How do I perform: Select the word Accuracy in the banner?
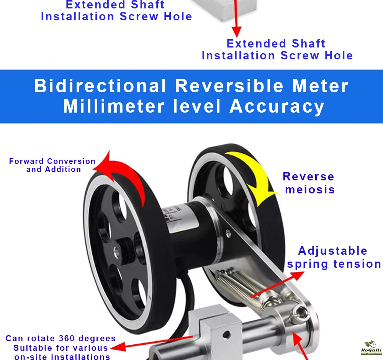pyautogui.click(x=277, y=106)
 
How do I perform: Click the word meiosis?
pyautogui.click(x=310, y=190)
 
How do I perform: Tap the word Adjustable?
pyautogui.click(x=332, y=251)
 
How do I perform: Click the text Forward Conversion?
pyautogui.click(x=52, y=161)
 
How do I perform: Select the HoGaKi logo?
pyautogui.click(x=370, y=347)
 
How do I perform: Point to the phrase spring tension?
pyautogui.click(x=334, y=264)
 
